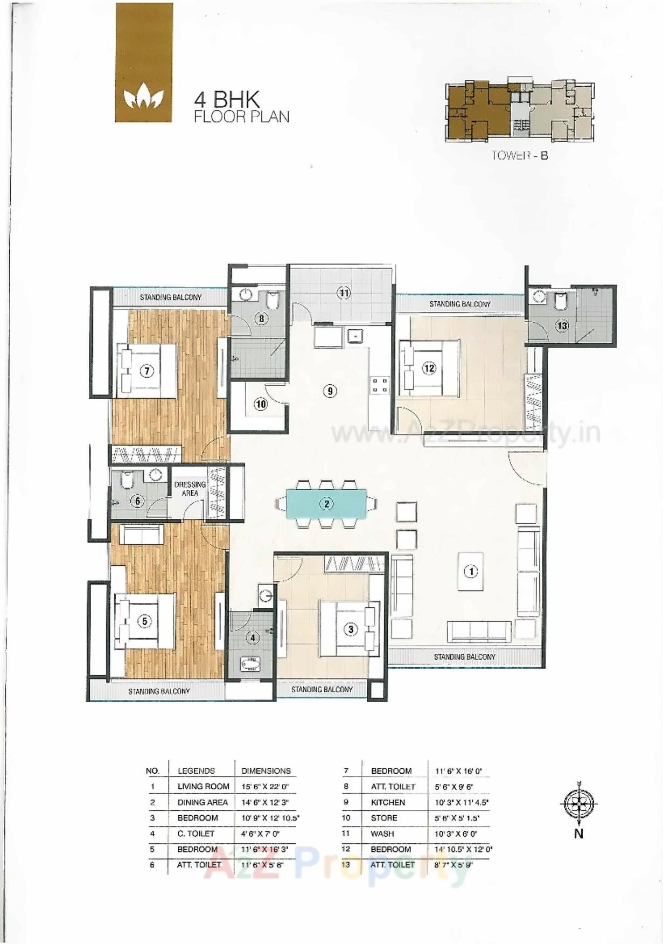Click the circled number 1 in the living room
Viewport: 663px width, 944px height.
point(471,571)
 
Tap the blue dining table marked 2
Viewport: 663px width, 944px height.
point(326,504)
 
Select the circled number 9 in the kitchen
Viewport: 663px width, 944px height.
point(330,391)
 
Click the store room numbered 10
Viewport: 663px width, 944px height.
point(261,404)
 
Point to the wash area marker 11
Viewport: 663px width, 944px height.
point(344,293)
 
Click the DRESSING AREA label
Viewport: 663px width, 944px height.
point(190,489)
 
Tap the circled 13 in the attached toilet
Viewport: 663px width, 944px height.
point(562,326)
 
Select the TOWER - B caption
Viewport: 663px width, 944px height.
point(519,156)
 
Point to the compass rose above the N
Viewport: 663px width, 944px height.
point(579,804)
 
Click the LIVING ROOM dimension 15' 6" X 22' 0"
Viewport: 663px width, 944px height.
point(265,787)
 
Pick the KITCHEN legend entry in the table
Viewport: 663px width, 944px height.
point(388,802)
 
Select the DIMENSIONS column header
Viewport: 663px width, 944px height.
point(266,771)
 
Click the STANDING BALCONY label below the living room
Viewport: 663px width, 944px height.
point(464,657)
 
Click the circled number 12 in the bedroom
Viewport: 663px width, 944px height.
point(429,369)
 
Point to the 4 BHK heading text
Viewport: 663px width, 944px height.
point(227,100)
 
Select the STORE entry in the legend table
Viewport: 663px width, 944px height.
point(384,818)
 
